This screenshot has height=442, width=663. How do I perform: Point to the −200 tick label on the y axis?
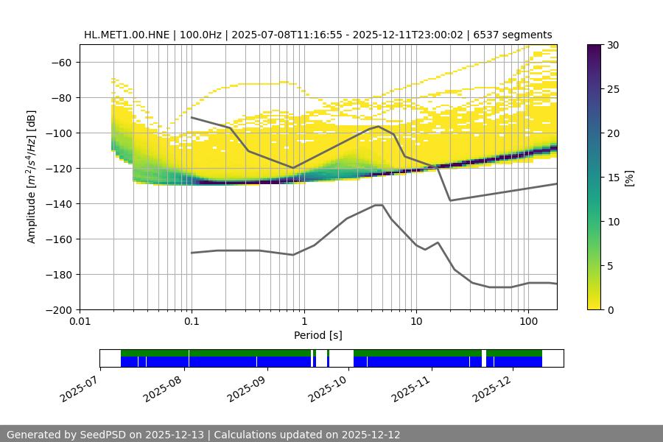point(59,309)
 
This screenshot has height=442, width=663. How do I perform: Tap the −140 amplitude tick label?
point(59,203)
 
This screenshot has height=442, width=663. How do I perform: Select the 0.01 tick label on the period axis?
point(80,322)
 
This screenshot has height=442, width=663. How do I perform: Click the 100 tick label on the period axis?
point(527,322)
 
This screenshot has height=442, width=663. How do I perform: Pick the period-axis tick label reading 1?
point(304,322)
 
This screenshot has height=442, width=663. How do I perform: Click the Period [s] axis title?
point(318,335)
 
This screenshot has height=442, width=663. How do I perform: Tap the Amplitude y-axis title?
point(32,177)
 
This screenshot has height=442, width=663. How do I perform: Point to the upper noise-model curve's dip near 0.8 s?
point(293,168)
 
